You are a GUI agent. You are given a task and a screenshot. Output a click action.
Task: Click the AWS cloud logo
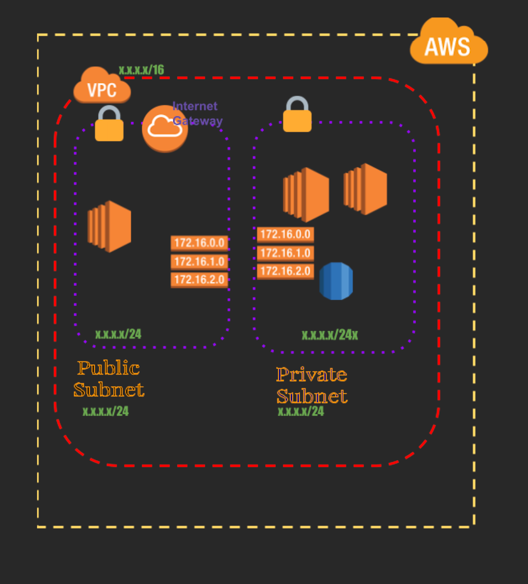[x=448, y=44]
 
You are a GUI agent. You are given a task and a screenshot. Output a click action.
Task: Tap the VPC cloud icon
[x=102, y=87]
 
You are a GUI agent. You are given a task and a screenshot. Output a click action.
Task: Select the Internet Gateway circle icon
[x=165, y=128]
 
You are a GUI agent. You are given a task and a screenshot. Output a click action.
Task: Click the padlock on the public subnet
[x=109, y=124]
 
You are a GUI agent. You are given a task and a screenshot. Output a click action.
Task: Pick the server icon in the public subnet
[x=109, y=226]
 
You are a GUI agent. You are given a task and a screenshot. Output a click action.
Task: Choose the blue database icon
[x=336, y=281]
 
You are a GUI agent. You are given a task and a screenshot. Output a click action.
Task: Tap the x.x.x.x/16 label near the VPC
[x=141, y=69]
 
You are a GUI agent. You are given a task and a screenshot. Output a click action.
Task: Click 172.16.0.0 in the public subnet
[x=200, y=243]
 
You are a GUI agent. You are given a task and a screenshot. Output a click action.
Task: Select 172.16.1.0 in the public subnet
[x=200, y=262]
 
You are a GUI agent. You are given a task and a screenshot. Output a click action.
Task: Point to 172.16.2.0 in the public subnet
[x=200, y=280]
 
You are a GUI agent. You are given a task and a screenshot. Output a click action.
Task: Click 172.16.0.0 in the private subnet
[x=285, y=234]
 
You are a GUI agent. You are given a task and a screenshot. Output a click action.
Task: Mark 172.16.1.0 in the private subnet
[x=285, y=253]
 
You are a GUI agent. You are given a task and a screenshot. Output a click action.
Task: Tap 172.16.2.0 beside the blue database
[x=285, y=271]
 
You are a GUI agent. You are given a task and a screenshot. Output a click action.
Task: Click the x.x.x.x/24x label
[x=330, y=335]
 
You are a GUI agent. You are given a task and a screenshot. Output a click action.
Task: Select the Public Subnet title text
[x=109, y=379]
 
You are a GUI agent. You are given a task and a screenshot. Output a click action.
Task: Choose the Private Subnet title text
[x=312, y=385]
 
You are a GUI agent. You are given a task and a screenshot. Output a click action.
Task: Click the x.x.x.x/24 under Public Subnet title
[x=105, y=411]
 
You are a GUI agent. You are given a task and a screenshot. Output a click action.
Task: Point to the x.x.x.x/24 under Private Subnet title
[x=301, y=411]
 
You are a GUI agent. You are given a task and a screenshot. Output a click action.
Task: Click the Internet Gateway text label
[x=196, y=113]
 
